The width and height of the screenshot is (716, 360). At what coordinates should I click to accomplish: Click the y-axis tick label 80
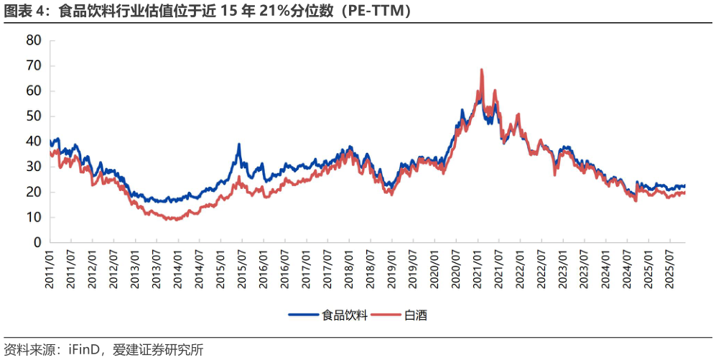(34, 40)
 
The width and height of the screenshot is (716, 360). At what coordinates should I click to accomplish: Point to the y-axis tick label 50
(34, 116)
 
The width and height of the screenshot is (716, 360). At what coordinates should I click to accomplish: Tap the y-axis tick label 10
(34, 218)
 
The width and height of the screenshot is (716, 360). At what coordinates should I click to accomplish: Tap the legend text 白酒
(416, 315)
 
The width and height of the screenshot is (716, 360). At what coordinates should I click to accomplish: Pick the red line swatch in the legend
(388, 315)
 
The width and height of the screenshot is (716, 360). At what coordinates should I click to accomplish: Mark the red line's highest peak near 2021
(481, 70)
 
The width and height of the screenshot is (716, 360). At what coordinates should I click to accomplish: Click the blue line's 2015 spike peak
(239, 144)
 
